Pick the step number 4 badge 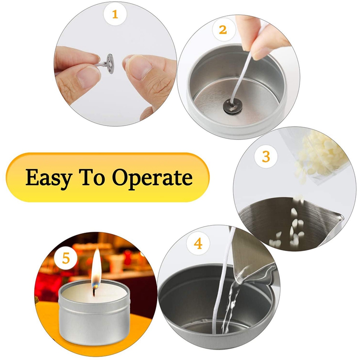[x=198, y=243]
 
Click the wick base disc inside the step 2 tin [x=233, y=106]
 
